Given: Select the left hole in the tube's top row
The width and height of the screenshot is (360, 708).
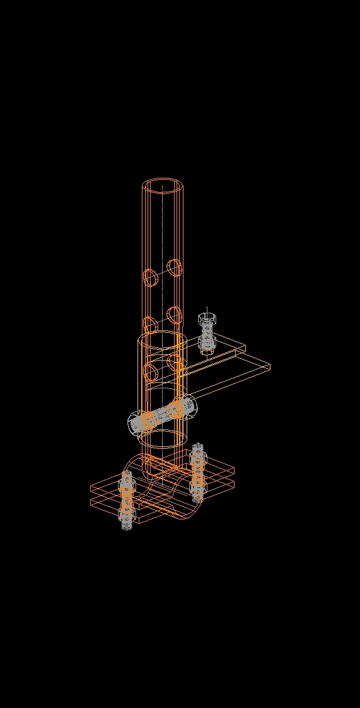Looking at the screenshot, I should [150, 277].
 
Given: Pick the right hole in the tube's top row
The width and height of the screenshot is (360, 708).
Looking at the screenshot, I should [175, 267].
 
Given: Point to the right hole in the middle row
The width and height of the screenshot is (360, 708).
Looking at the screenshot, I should [175, 314].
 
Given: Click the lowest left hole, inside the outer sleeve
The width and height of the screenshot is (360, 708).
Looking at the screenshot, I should [150, 371].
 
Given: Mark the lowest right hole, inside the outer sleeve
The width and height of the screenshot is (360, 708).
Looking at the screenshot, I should [175, 361].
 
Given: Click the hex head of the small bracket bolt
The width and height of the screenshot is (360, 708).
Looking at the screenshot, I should [206, 317].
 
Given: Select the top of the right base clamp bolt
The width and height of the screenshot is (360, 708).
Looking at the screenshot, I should [198, 448].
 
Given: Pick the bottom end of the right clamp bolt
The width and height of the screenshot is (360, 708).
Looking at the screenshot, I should [198, 498].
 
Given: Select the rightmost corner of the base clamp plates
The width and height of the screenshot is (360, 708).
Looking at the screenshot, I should [235, 470].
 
